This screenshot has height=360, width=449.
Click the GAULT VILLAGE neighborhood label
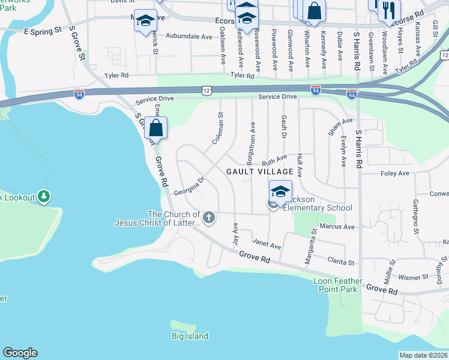(259, 172)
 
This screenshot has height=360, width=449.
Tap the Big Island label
(190, 337)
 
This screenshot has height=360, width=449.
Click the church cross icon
(208, 217)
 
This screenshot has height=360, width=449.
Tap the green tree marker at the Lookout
(43, 196)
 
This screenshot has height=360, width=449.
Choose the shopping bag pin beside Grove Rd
(155, 128)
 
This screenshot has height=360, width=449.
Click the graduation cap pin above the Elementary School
(280, 192)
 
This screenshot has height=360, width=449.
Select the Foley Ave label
(394, 173)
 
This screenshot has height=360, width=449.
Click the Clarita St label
(342, 261)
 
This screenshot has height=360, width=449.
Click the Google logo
(20, 353)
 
